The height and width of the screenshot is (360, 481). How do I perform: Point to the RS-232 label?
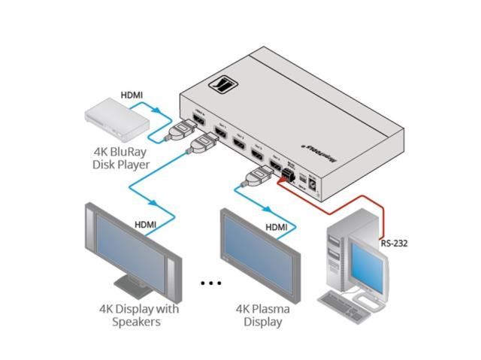[395, 243]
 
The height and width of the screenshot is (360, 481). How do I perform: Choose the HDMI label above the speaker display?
[147, 224]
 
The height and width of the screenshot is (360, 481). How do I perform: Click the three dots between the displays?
[211, 283]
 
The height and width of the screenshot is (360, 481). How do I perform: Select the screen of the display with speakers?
[132, 250]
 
